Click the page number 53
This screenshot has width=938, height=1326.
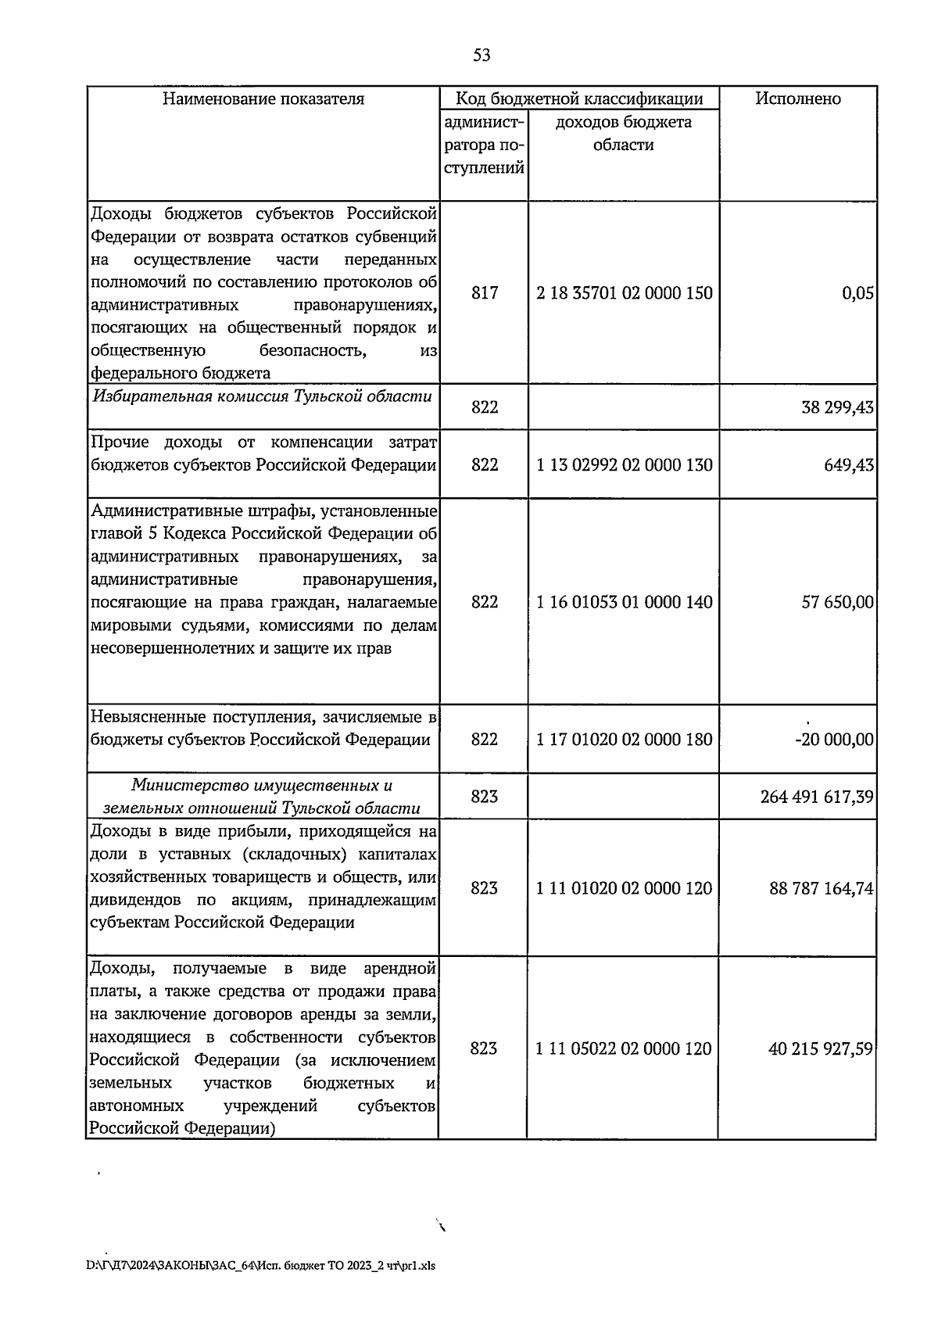click(x=482, y=56)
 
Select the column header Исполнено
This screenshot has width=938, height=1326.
click(x=797, y=99)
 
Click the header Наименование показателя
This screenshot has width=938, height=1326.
click(x=263, y=99)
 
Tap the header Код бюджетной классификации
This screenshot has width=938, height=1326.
click(x=579, y=99)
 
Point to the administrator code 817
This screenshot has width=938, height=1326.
click(x=484, y=293)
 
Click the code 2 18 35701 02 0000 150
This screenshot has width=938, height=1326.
click(x=624, y=293)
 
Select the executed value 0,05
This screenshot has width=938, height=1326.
click(x=857, y=294)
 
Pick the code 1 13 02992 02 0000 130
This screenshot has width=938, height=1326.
click(x=624, y=465)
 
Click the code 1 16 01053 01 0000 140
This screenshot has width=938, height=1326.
click(x=624, y=602)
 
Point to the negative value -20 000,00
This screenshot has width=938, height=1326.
click(x=833, y=740)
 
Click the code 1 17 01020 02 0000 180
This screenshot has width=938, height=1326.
click(x=624, y=740)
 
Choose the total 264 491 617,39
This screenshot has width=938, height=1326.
click(x=816, y=797)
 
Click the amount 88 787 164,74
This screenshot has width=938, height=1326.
click(x=821, y=889)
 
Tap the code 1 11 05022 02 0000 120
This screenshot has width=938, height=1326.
click(x=624, y=1048)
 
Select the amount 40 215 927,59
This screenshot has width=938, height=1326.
click(x=821, y=1049)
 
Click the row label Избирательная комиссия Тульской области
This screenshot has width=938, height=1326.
click(x=263, y=396)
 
